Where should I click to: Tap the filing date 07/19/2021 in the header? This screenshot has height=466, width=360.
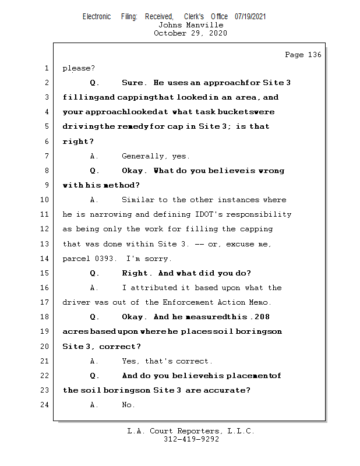coord(250,16)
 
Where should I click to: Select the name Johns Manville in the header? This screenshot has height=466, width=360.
coord(190,25)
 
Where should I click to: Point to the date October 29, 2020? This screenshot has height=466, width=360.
coord(190,33)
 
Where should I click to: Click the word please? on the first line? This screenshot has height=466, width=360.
coord(78,68)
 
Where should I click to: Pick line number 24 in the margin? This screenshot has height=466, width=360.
coord(45,405)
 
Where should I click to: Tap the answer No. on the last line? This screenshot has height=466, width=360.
coord(128,405)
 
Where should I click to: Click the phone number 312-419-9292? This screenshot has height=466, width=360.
coord(190,439)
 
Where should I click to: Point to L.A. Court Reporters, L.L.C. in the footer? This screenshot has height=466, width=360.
coord(190,431)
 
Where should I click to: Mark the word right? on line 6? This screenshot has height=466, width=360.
coord(78,142)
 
